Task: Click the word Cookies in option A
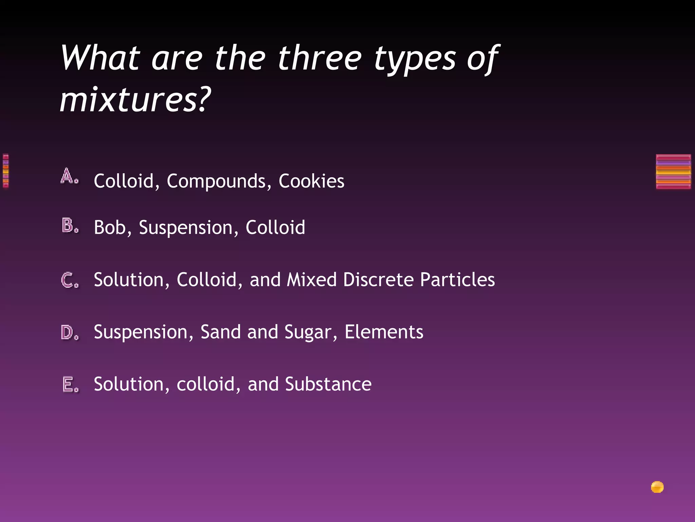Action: pos(311,181)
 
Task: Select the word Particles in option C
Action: pos(457,280)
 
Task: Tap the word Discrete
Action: pos(378,280)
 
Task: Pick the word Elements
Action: pos(384,332)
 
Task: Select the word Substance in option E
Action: pos(328,384)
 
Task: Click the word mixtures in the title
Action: pos(131,100)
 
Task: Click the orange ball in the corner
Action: pos(657,487)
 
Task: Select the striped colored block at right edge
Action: pos(673,171)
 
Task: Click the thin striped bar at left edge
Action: pos(5,171)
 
